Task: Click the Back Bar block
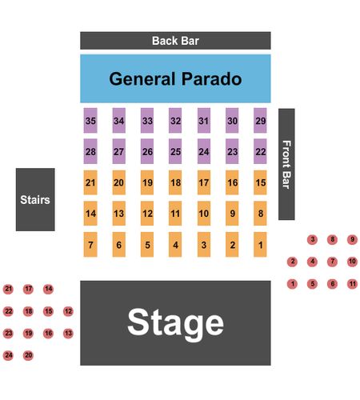175,41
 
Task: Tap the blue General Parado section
175,78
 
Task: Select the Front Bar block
286,164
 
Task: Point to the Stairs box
35,199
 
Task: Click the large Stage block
175,323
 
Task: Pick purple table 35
90,121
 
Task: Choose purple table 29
260,121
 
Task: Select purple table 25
175,151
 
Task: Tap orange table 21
90,182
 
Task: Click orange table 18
175,182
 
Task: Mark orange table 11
175,214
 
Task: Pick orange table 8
260,214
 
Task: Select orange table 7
90,245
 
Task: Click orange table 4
175,245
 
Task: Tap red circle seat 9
352,239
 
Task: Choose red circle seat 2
293,262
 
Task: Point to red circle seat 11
352,284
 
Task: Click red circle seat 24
8,355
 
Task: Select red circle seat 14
48,289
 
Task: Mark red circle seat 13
68,333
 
